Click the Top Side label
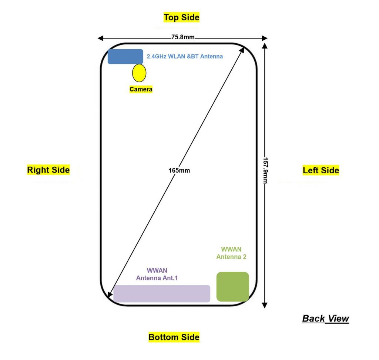click(x=181, y=17)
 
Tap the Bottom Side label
click(x=174, y=337)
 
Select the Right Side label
click(x=48, y=170)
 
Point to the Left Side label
click(x=321, y=170)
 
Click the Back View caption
click(x=325, y=318)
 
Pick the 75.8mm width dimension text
click(x=183, y=37)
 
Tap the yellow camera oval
click(x=139, y=73)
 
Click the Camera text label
click(x=141, y=89)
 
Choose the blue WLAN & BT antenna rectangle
click(x=125, y=56)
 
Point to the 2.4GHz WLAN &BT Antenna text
click(x=185, y=57)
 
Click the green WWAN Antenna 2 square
click(x=232, y=286)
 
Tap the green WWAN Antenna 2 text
click(x=231, y=253)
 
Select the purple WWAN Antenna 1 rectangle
click(x=162, y=293)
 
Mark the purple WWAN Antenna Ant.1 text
click(x=157, y=274)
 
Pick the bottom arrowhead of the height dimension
click(x=264, y=305)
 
